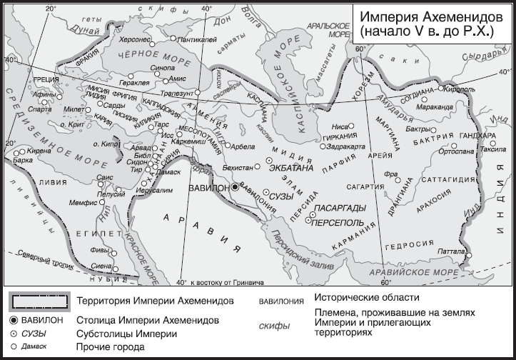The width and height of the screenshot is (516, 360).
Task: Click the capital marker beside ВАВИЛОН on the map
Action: click(234, 186)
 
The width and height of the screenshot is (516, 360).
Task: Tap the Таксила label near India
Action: click(492, 150)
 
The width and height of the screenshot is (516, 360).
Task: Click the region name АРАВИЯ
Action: click(201, 227)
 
